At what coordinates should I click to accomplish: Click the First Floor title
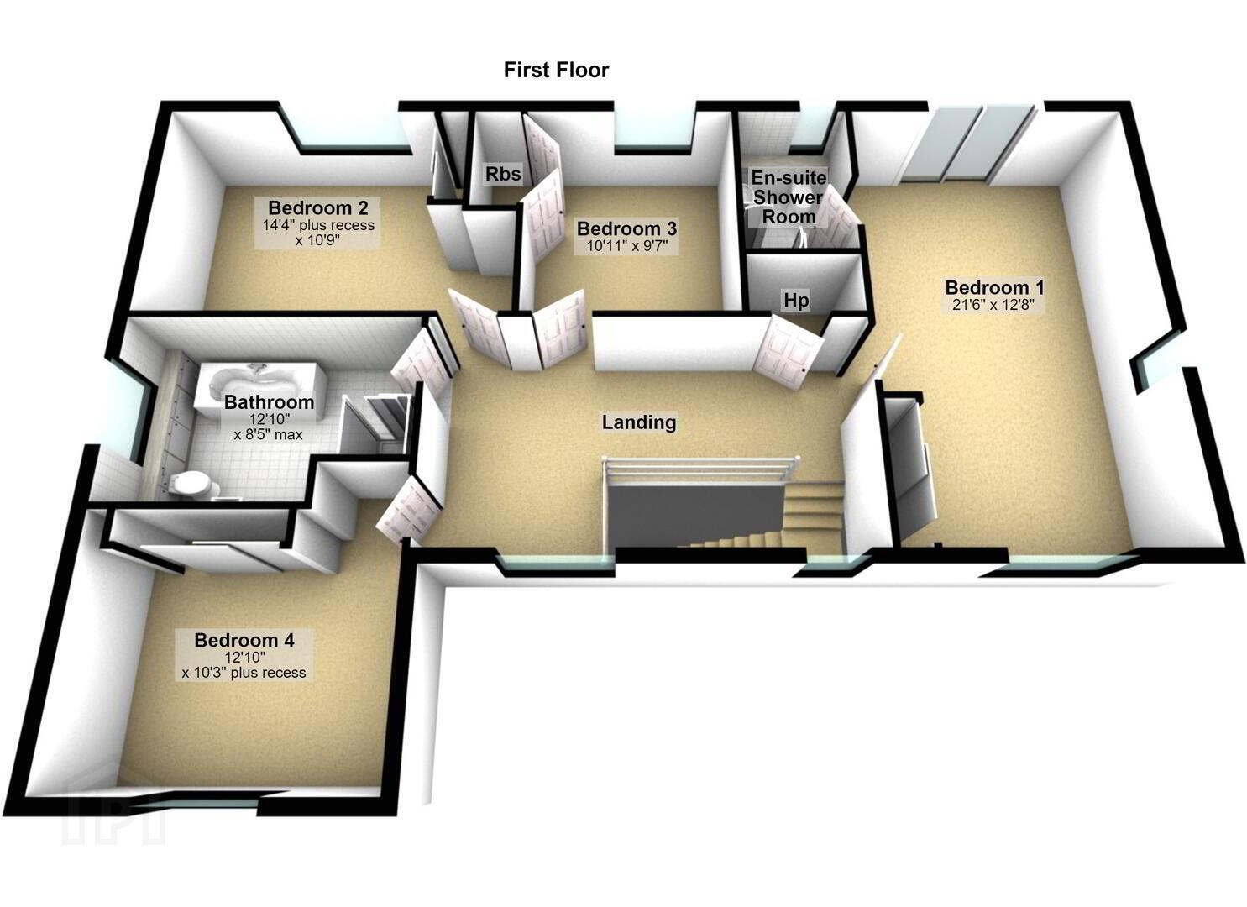pyautogui.click(x=556, y=71)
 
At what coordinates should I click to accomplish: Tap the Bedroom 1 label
pyautogui.click(x=994, y=287)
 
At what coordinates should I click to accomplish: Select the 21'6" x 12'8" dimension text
pyautogui.click(x=993, y=305)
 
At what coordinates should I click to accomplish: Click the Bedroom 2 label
pyautogui.click(x=318, y=207)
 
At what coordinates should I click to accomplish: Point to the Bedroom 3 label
pyautogui.click(x=626, y=228)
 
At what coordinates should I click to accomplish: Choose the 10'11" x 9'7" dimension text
pyautogui.click(x=626, y=245)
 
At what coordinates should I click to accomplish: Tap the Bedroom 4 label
pyautogui.click(x=244, y=640)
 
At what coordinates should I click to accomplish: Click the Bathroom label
pyautogui.click(x=269, y=402)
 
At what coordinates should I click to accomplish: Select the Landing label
pyautogui.click(x=639, y=422)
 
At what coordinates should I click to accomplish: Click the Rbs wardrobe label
pyautogui.click(x=503, y=174)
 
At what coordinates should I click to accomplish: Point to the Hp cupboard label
pyautogui.click(x=796, y=301)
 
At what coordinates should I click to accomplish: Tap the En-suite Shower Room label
pyautogui.click(x=789, y=197)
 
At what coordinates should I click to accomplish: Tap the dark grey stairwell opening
pyautogui.click(x=696, y=515)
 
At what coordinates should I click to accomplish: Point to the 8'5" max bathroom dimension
pyautogui.click(x=269, y=434)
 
